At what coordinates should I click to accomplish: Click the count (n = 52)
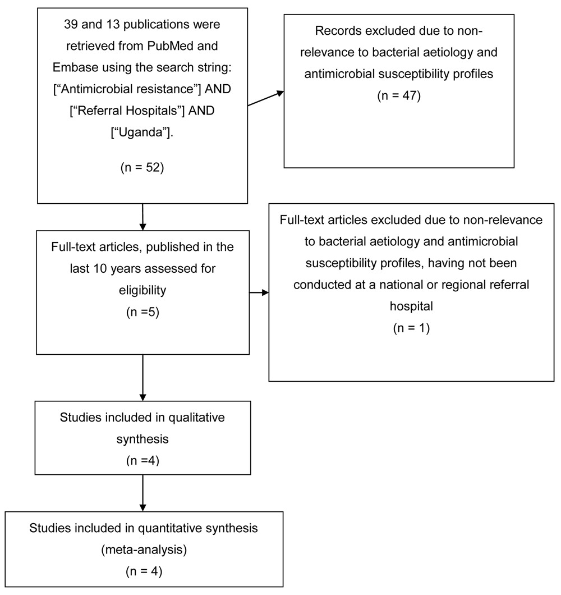pos(142,167)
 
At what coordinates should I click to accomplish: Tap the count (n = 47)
pos(399,95)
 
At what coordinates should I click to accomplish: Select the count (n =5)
pos(142,312)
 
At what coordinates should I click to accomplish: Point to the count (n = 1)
pos(411,328)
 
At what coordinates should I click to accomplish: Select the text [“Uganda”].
pos(142,132)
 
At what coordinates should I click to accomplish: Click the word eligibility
pos(142,290)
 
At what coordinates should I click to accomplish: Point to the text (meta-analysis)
pos(144,550)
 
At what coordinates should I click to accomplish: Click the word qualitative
pos(196,418)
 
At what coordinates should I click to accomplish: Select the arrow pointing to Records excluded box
pos(266,98)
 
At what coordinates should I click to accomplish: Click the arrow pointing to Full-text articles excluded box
pos(259,292)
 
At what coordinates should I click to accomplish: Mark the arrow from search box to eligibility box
pos(142,217)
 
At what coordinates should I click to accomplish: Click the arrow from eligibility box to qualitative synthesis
pos(142,378)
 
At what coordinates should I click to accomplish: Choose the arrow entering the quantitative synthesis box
pos(142,493)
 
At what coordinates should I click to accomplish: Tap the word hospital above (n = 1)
pos(411,306)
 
